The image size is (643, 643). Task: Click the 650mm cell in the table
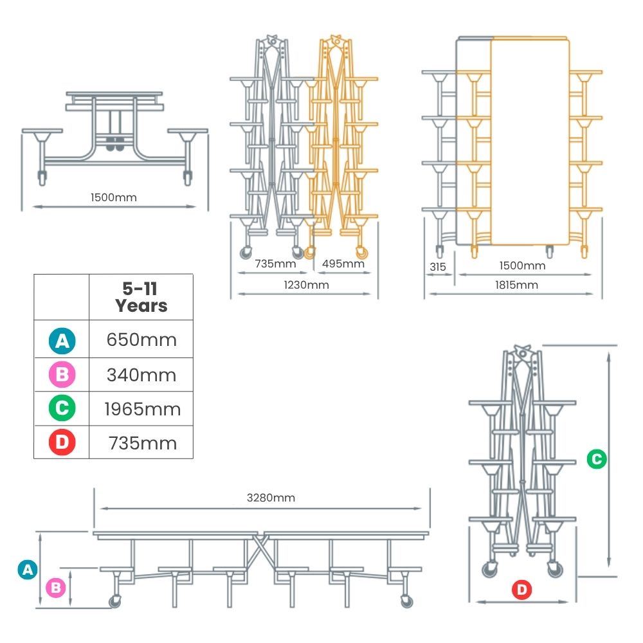coord(141,340)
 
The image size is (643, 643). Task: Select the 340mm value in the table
coord(141,375)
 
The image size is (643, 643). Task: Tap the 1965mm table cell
coord(142,409)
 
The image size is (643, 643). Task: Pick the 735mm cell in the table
coord(142,443)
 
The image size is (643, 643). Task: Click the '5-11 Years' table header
coord(141,297)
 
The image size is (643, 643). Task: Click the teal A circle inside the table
coord(62,340)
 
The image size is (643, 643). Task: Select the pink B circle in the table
coord(62,374)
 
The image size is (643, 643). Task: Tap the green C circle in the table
coord(62,408)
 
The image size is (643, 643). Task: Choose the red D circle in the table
coord(62,442)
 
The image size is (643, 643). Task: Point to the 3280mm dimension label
coord(271,498)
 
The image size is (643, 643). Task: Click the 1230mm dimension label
coord(306,285)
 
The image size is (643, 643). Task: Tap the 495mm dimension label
coord(343,263)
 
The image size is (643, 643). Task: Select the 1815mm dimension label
coord(516,285)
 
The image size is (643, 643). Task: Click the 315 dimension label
coord(437,267)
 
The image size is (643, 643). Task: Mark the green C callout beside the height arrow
coord(597,459)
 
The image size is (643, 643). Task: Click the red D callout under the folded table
coord(521,590)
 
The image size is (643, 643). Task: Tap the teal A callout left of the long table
coord(28,570)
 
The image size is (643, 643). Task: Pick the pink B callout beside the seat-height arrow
coord(56,588)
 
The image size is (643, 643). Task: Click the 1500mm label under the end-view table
coord(114,197)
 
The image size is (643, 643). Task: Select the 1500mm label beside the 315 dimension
coord(522,266)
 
